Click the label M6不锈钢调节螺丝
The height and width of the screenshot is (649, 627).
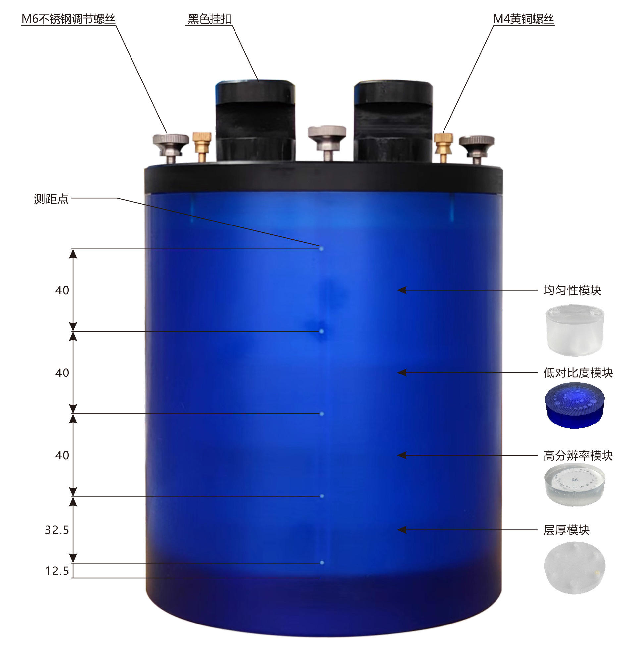pos(68,19)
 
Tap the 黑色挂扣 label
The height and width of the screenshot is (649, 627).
pos(209,19)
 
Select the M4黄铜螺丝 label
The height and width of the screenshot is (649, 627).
pos(523,19)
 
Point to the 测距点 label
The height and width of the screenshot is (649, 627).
pos(51,199)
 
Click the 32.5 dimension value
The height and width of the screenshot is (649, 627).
pos(57,530)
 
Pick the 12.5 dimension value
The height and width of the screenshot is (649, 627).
pos(57,571)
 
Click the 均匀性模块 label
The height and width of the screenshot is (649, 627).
pos(572,290)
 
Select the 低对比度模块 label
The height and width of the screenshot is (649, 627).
pos(578,373)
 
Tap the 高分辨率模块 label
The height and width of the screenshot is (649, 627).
pos(578,456)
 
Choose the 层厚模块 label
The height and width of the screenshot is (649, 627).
pos(566,530)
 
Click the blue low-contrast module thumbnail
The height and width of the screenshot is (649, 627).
pos(575,405)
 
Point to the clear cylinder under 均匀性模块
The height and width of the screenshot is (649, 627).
pos(575,330)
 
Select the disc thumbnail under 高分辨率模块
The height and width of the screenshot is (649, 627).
pos(575,485)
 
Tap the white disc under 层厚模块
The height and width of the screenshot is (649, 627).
pos(575,568)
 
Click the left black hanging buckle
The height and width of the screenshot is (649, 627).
pos(255,121)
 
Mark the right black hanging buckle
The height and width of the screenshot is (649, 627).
pos(393,121)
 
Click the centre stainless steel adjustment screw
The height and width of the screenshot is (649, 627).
pos(327,142)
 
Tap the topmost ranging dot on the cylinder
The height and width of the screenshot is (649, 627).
pos(321,248)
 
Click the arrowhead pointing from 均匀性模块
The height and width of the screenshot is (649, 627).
pos(402,290)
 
